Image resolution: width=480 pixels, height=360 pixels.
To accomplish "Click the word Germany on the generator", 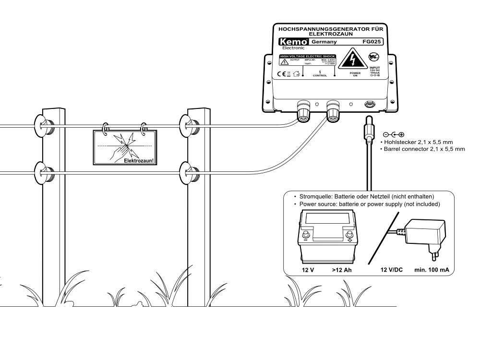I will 324,42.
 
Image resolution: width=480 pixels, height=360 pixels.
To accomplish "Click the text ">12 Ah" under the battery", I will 342,270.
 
